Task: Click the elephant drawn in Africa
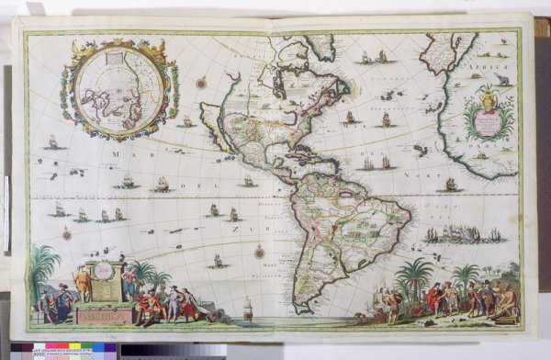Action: (x=502, y=82)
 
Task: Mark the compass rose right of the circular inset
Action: (x=200, y=84)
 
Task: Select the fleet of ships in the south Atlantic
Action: (x=464, y=235)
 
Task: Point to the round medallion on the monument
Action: (x=104, y=271)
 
